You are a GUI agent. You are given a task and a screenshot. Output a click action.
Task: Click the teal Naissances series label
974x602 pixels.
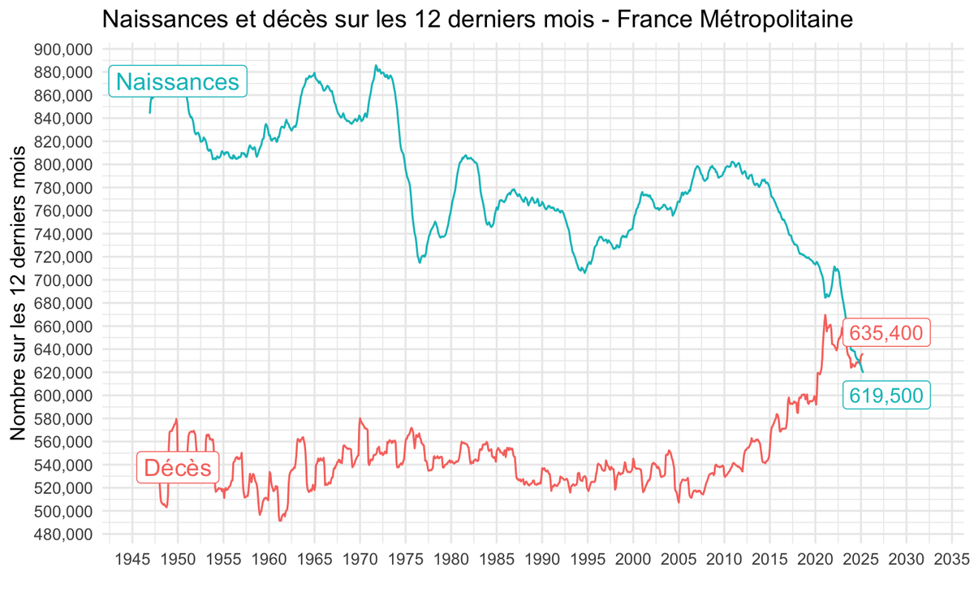[178, 81]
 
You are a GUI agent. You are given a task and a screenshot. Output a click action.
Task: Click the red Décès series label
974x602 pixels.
[177, 468]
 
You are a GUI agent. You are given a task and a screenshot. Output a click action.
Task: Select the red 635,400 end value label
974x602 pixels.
[886, 333]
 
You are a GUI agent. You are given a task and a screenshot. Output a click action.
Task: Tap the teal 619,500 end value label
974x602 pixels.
[886, 396]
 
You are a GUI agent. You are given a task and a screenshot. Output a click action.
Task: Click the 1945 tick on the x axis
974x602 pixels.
[132, 559]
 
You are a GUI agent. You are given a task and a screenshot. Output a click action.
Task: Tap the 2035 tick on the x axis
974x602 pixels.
[952, 559]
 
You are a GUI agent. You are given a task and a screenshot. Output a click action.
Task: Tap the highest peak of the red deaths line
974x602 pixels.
[825, 315]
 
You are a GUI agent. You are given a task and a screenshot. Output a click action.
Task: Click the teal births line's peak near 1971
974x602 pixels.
[375, 66]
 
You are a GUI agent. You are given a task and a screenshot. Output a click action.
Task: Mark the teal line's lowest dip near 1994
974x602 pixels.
[584, 273]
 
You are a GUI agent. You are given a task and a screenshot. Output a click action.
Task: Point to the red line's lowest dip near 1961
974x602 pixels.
[280, 520]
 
